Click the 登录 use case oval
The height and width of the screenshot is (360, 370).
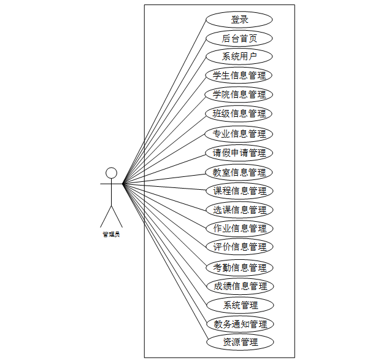coord(239,19)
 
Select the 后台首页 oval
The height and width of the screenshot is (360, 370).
coord(239,38)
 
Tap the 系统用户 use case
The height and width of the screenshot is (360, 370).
coord(239,57)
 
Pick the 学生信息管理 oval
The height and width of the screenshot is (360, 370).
coord(239,76)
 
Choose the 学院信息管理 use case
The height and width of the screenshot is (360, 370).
coord(239,95)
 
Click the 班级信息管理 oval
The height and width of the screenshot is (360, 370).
coord(239,114)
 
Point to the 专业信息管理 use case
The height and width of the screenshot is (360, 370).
coord(239,133)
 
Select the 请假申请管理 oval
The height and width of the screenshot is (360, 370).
coord(239,152)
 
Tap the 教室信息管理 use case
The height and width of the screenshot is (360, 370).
coord(239,172)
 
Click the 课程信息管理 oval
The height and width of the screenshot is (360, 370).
coord(239,190)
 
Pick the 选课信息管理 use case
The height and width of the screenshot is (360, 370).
coord(239,209)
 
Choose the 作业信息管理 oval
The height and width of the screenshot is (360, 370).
coord(239,229)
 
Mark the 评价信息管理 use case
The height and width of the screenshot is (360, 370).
coord(239,247)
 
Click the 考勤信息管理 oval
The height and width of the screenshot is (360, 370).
coord(239,267)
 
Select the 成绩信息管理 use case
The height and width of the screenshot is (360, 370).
coord(239,286)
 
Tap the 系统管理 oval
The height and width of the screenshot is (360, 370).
coord(239,305)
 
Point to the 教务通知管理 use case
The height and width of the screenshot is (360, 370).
coord(239,324)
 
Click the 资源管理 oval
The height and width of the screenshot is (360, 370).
coord(239,342)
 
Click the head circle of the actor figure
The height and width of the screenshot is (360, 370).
coord(111,173)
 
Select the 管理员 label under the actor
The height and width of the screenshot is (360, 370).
coord(111,234)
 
